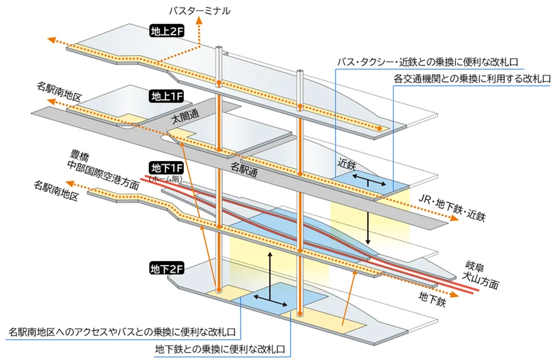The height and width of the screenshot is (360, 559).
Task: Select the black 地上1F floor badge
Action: [x=165, y=96]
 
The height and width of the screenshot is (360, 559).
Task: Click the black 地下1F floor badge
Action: [x=165, y=168]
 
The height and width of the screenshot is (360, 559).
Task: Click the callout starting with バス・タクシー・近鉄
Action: [x=426, y=62]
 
